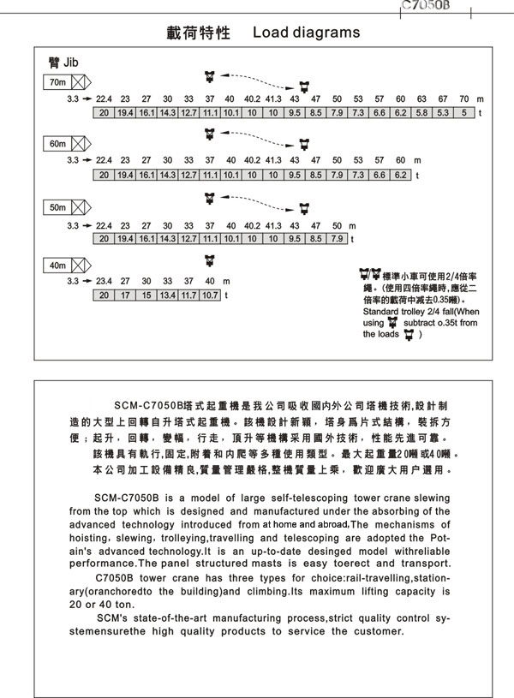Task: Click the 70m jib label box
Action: point(57,83)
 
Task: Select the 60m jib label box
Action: point(57,144)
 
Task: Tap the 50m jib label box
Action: point(57,207)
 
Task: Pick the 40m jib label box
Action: point(57,265)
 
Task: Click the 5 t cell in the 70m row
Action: point(464,112)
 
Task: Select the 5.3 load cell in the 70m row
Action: point(443,112)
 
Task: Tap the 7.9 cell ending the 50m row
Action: point(337,238)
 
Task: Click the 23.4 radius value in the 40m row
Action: point(104,281)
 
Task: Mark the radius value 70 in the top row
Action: point(463,98)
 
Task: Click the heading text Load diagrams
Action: point(306,33)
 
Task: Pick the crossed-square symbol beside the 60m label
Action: point(80,144)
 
